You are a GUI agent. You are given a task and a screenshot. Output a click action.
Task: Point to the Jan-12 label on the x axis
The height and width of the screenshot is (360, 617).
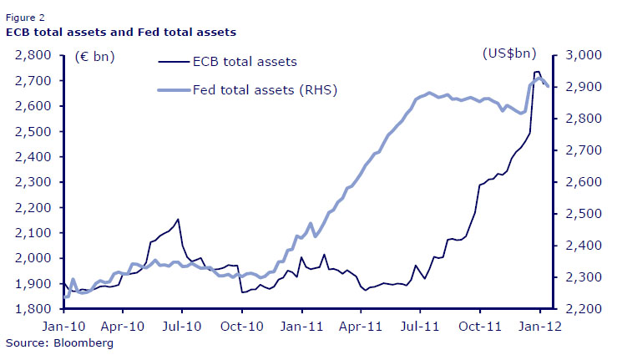coord(539,327)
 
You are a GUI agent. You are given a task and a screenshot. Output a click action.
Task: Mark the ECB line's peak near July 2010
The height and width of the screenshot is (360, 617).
coord(178,220)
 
